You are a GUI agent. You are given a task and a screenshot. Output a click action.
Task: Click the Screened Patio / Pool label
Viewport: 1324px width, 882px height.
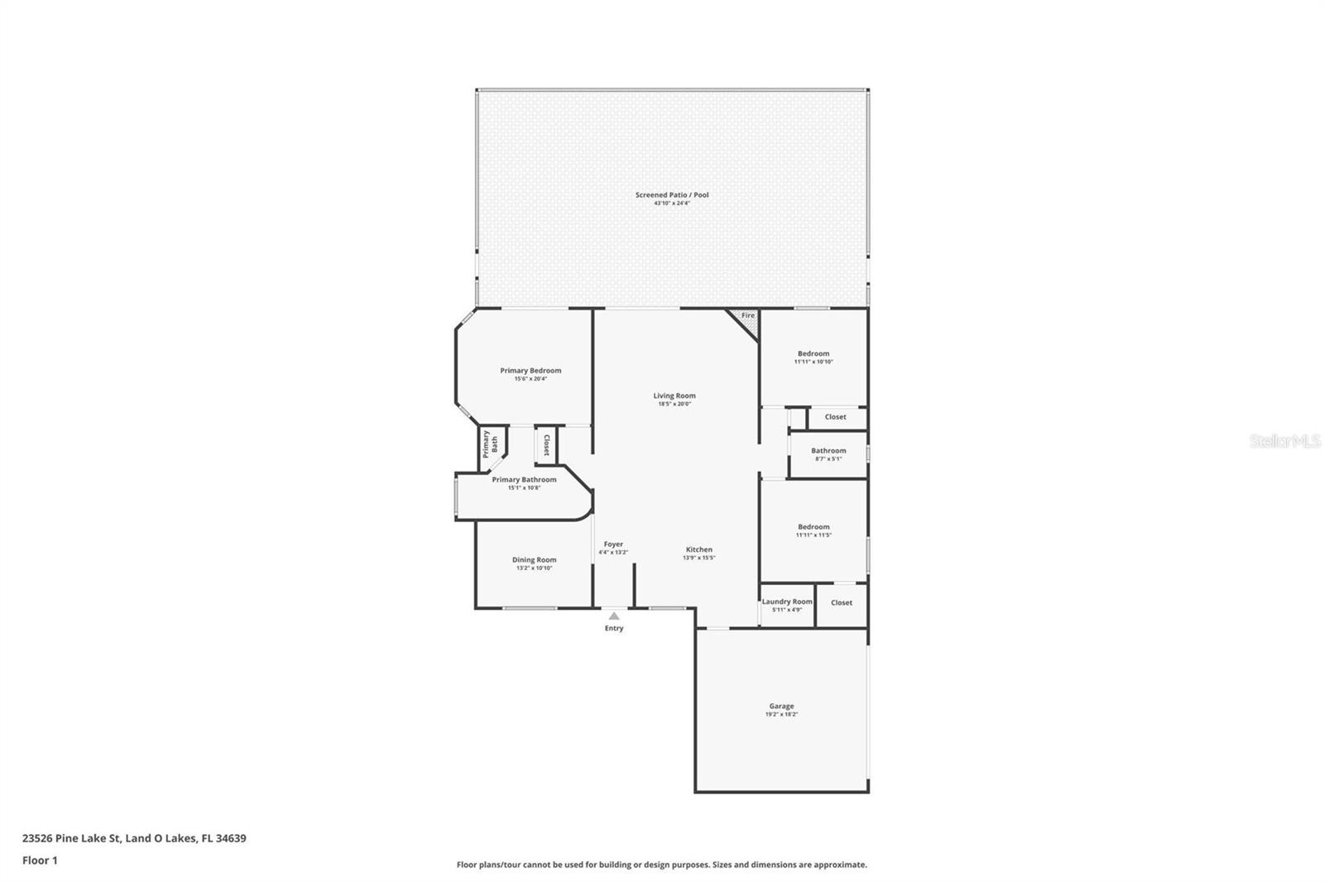click(x=671, y=195)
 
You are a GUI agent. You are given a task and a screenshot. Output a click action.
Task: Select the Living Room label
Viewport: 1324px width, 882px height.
click(x=674, y=395)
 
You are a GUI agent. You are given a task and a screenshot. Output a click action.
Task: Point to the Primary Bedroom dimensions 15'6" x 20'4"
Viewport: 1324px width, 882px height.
click(x=530, y=379)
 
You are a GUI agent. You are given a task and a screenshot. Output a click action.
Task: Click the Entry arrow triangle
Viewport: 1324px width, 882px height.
click(x=614, y=616)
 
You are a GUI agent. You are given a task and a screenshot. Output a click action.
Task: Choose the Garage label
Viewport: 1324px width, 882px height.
click(x=781, y=706)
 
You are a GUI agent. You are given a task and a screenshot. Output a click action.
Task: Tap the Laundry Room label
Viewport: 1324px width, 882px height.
click(x=787, y=602)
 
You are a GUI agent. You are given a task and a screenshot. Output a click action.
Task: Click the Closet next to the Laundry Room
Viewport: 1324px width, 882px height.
click(x=842, y=602)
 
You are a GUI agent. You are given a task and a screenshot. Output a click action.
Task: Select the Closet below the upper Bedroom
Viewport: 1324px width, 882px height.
click(x=836, y=417)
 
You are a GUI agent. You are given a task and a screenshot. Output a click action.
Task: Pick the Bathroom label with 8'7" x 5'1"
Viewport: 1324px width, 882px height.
click(x=828, y=451)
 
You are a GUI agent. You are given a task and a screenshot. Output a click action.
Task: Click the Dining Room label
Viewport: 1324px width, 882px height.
click(x=534, y=560)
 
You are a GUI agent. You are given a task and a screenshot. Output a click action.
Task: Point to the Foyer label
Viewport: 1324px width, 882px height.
click(x=613, y=544)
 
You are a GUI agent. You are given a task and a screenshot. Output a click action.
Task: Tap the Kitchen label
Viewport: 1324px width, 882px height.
click(x=698, y=549)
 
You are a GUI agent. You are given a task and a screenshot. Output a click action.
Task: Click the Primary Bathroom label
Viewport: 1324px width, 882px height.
click(x=524, y=480)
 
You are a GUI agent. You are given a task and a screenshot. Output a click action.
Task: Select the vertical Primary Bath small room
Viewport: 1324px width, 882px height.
click(x=491, y=444)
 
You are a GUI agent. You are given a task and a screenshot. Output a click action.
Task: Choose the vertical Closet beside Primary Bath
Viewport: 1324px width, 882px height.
click(x=546, y=445)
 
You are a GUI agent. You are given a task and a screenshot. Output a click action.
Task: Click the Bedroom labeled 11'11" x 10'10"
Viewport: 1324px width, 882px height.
click(x=813, y=353)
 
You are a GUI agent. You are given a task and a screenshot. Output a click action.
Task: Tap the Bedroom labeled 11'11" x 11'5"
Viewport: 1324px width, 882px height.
click(x=813, y=527)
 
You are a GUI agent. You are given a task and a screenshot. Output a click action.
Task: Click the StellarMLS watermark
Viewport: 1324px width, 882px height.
click(x=1284, y=442)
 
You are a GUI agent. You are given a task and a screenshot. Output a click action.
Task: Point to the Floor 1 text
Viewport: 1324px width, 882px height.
click(x=40, y=860)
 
